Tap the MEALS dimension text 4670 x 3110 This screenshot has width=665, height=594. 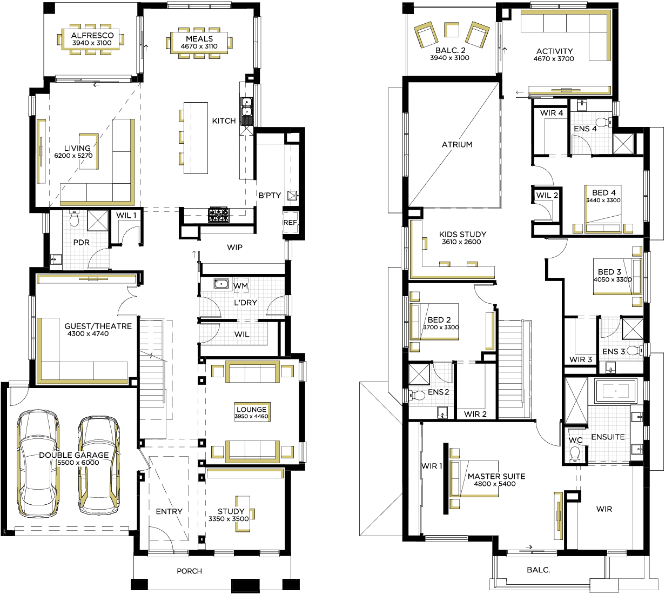[199, 46]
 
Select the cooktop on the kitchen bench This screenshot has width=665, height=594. [219, 215]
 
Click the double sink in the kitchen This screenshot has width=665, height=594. [246, 107]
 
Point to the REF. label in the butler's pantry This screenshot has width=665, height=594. [291, 223]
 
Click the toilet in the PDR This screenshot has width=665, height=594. [75, 218]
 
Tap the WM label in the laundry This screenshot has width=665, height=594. [240, 286]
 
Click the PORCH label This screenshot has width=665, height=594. [190, 571]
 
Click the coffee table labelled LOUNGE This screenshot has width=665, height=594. [252, 412]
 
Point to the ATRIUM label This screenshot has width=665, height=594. [457, 144]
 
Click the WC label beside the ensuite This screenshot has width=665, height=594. [575, 440]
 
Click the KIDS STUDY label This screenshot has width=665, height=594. [462, 234]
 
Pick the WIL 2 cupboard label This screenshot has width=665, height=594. [547, 195]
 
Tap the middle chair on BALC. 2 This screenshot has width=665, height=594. [452, 30]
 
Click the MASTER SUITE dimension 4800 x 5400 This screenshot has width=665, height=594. [494, 484]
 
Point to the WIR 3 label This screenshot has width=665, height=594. [581, 359]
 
